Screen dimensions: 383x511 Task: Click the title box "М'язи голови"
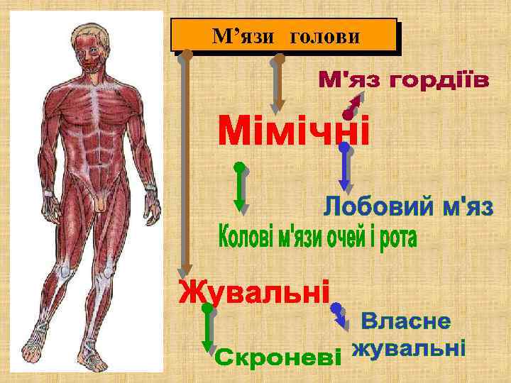(x=284, y=35)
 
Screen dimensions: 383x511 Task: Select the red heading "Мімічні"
(x=293, y=132)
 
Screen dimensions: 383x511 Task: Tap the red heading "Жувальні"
(x=254, y=291)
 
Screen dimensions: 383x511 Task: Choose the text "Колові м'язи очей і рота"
(x=315, y=238)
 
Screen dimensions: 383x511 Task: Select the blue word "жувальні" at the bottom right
(x=410, y=349)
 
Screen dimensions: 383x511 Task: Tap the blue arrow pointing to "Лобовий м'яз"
(x=346, y=170)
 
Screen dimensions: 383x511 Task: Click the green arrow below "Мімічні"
(x=241, y=188)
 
